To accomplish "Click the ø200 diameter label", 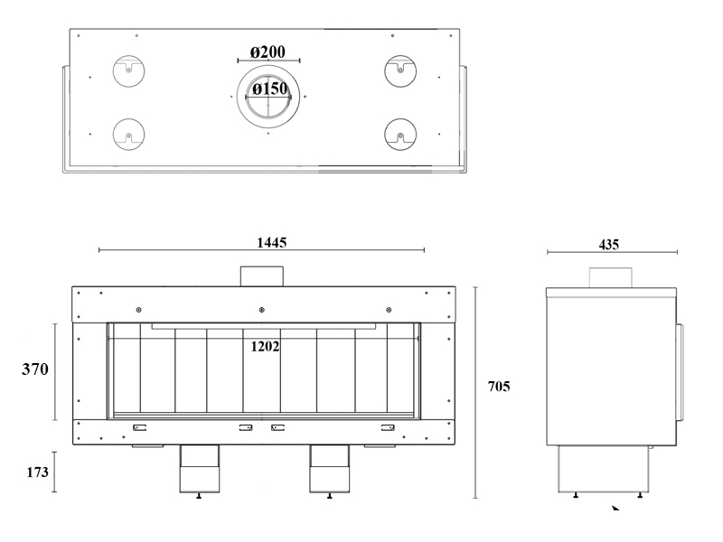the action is click(x=268, y=51).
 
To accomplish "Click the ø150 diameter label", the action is click(x=269, y=88).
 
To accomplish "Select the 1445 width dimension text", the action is click(x=272, y=242).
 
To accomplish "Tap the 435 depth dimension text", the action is click(x=608, y=245).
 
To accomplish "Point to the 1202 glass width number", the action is click(x=265, y=346).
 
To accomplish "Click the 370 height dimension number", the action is click(x=35, y=369).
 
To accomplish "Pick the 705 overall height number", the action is click(x=499, y=387).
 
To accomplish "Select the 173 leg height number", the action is click(x=37, y=472).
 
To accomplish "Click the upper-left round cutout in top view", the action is click(x=129, y=71).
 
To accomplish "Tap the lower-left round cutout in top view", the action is click(x=129, y=134).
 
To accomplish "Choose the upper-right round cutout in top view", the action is click(x=400, y=71).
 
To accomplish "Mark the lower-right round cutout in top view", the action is click(x=400, y=134).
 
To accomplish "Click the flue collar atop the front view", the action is click(x=262, y=276).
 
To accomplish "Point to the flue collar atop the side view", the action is click(x=611, y=277).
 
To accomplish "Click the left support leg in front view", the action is click(x=200, y=469).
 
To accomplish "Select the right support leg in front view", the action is click(x=330, y=469).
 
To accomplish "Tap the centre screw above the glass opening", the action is click(x=262, y=310).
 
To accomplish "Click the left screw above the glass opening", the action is click(x=139, y=310).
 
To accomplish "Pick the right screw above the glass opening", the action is click(x=389, y=310).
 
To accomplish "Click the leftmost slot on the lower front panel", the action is click(x=140, y=428).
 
